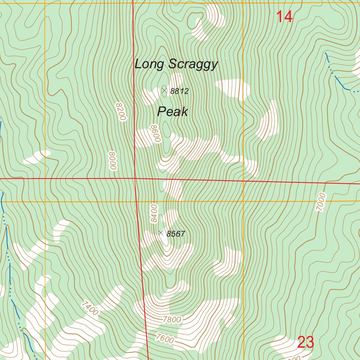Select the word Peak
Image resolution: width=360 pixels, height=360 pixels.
(172, 112)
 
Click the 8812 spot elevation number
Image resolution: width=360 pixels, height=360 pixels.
(180, 91)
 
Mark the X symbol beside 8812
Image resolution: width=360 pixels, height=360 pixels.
(164, 91)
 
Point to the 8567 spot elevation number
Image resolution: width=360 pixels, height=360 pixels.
(176, 234)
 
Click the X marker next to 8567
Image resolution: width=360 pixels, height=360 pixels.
(161, 233)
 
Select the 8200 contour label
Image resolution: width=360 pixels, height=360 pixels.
(120, 112)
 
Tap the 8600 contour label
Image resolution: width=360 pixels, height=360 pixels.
(155, 133)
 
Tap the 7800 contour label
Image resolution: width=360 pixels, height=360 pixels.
(172, 320)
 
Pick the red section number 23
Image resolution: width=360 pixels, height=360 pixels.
(305, 342)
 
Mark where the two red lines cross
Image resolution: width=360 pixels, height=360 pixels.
(135, 179)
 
